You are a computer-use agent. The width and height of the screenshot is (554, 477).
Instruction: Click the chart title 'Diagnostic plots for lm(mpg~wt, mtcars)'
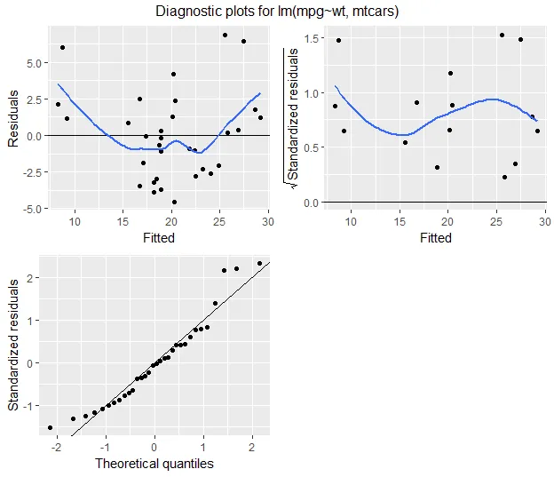pos(278,12)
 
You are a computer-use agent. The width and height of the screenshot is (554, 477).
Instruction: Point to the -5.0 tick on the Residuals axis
pos(32,208)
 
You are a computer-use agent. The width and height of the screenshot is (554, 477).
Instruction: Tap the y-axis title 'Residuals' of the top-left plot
pos(13,123)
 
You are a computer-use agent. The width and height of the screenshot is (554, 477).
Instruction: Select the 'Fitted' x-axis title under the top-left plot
pos(159,238)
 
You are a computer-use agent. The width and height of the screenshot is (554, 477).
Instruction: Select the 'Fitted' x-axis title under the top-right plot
pos(435,238)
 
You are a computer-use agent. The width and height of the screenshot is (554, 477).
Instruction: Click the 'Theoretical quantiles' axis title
pos(154,463)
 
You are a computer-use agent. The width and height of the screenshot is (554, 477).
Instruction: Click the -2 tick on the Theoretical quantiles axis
pos(57,446)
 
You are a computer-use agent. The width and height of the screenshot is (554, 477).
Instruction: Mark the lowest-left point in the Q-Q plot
pos(50,427)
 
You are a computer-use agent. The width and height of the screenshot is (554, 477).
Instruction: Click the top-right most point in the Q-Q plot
pos(259,263)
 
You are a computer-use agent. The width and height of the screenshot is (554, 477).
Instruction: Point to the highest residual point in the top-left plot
pos(225,36)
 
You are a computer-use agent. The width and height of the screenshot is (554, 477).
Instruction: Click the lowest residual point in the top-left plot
pos(174,202)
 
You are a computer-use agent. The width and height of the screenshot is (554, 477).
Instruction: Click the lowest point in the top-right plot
pos(504,177)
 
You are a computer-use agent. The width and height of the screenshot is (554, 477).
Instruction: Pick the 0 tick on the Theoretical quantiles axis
pos(154,446)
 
